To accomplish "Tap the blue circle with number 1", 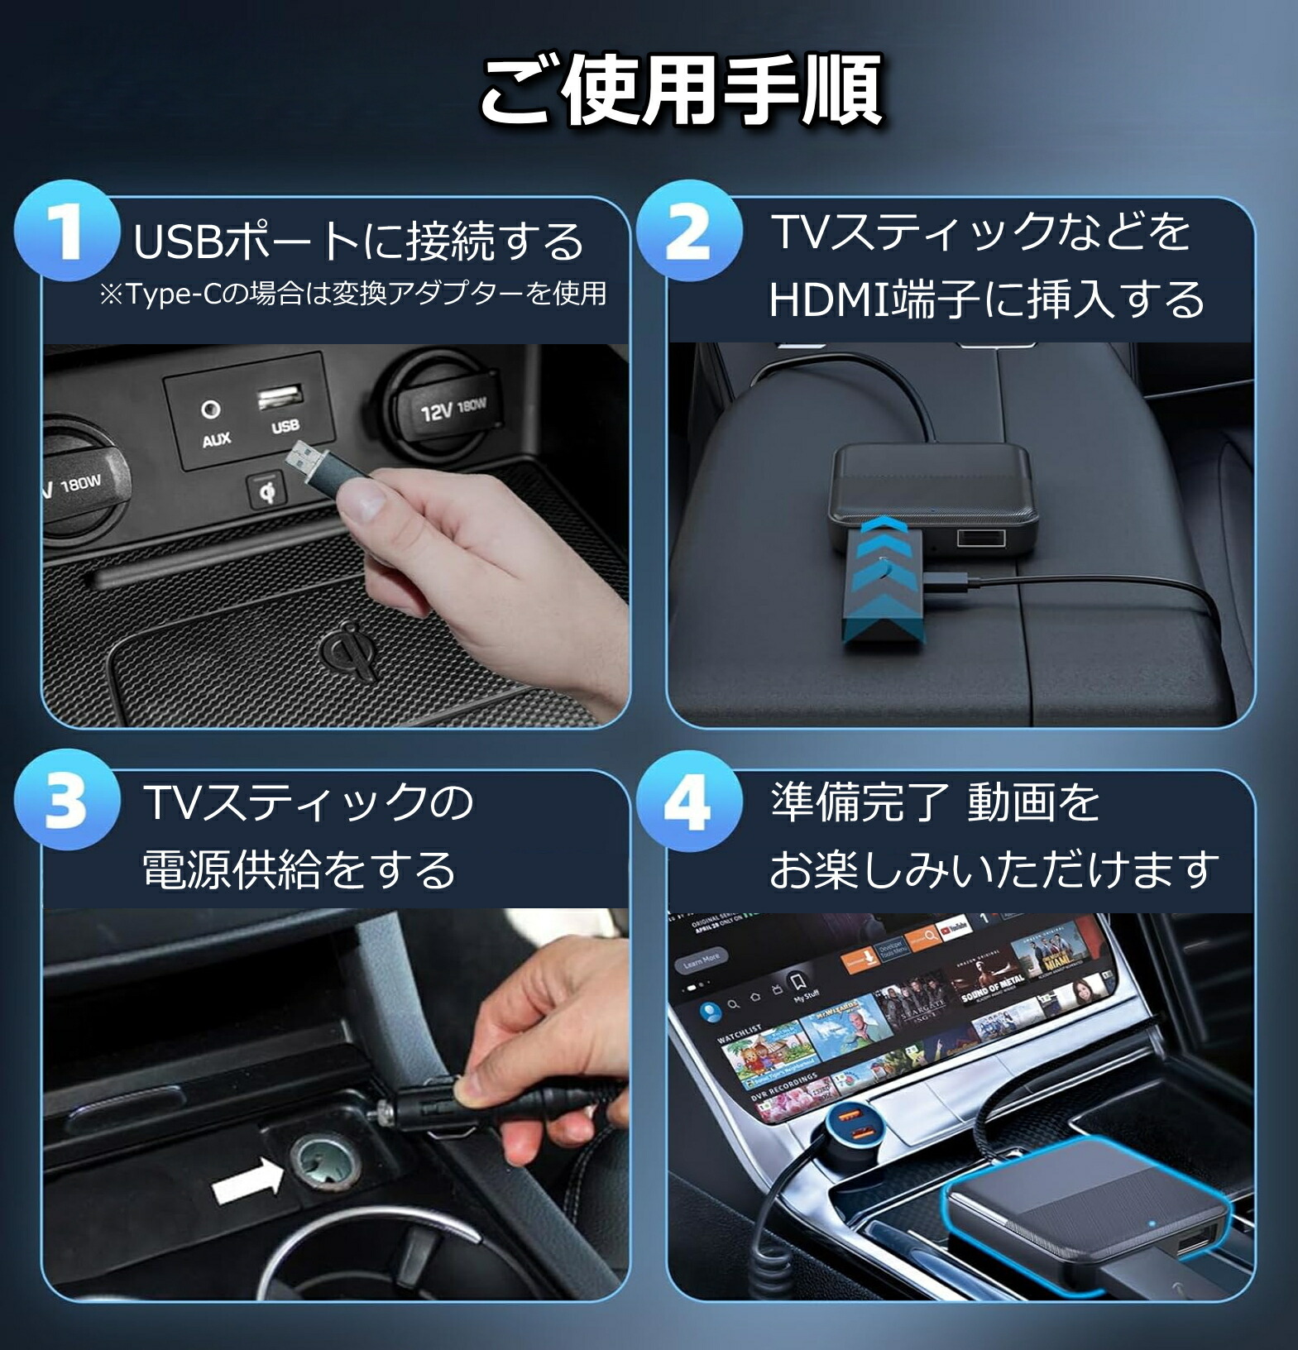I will pyautogui.click(x=65, y=232).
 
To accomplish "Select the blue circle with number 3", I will pyautogui.click(x=65, y=801).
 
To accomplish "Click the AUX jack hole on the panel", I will pyautogui.click(x=212, y=409).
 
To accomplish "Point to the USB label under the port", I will pyautogui.click(x=285, y=427).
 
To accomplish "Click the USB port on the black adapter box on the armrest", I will pyautogui.click(x=981, y=539).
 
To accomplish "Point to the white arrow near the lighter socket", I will pyautogui.click(x=247, y=1178).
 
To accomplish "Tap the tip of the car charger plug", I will pyautogui.click(x=385, y=1113).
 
